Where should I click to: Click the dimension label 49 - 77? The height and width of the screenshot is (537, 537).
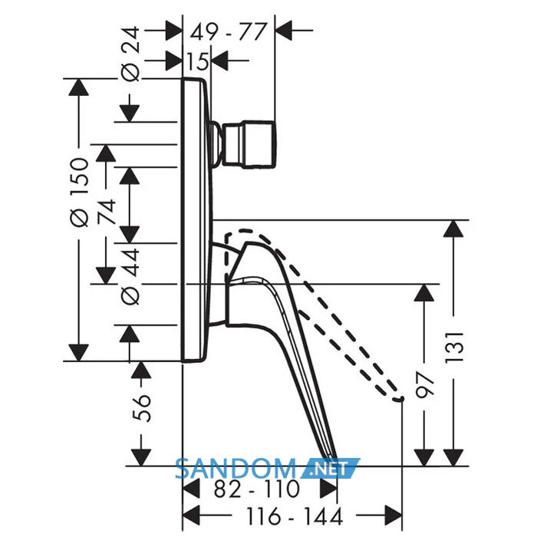228,32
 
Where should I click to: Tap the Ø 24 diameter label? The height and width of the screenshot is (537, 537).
131,54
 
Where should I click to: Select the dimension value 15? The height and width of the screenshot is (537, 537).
198,61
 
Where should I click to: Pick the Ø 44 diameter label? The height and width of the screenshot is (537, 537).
131,277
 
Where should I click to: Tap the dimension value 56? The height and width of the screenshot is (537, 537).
141,409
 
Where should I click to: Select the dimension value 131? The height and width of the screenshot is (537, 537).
454,347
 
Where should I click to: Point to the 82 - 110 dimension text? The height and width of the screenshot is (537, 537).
256,489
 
